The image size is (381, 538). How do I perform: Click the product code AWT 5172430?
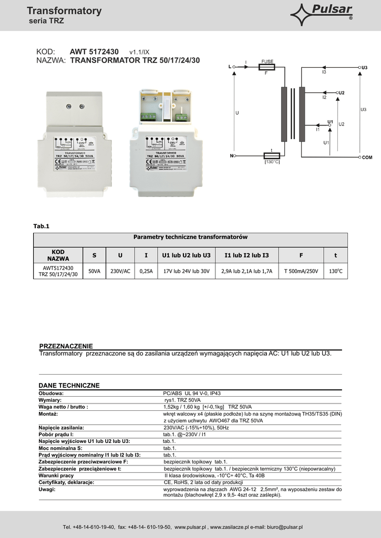point(94,51)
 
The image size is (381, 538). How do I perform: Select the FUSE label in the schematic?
point(267,62)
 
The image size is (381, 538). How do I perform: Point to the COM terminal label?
point(366,157)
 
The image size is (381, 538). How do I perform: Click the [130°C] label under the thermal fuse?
point(272,162)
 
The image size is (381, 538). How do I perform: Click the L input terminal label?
point(230,67)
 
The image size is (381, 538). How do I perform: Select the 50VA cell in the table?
point(95,271)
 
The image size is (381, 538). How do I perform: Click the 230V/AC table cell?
point(120,271)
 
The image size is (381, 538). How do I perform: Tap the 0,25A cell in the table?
point(146,271)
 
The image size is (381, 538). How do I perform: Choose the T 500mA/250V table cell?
point(301,271)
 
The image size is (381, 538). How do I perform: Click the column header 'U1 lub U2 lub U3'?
point(187,255)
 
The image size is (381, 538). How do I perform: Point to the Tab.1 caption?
point(41,226)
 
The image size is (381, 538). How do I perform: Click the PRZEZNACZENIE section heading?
point(66,346)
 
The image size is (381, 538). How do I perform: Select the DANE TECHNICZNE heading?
point(69,385)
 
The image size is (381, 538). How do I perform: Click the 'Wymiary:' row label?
point(50,400)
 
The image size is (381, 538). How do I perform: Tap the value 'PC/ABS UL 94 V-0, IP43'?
point(192,393)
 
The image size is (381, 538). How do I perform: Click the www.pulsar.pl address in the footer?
point(190,527)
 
